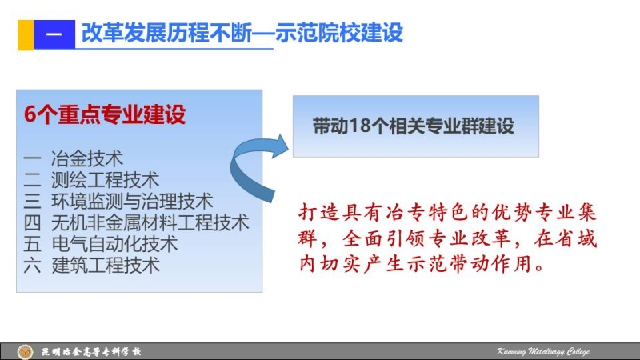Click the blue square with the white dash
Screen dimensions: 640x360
click(54, 34)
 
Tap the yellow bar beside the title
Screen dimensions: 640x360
click(26, 35)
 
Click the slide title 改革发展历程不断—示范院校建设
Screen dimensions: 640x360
click(242, 33)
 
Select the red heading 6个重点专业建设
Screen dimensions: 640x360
click(105, 114)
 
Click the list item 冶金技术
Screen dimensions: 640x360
click(87, 158)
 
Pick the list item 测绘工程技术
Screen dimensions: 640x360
click(105, 180)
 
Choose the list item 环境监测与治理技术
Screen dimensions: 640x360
click(132, 202)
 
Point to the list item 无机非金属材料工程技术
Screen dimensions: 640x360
click(150, 222)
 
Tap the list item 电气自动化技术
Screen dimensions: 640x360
click(114, 244)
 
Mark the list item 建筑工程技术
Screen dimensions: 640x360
click(105, 266)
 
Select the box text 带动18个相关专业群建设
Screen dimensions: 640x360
click(413, 126)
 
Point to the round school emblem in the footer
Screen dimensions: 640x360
click(25, 351)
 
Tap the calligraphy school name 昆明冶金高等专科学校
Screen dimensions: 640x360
click(90, 351)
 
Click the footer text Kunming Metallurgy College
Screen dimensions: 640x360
click(543, 351)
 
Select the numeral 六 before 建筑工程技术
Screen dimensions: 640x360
click(32, 266)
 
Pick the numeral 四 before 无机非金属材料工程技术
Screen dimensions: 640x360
click(32, 223)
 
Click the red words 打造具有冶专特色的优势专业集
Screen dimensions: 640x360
click(447, 213)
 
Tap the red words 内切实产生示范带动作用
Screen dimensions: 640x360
click(422, 264)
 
